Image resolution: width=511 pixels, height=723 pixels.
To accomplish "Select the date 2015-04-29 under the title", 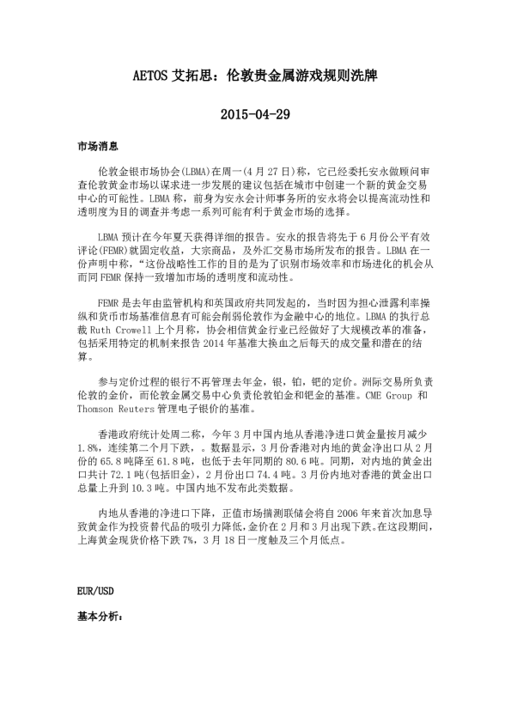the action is click(255, 115).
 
